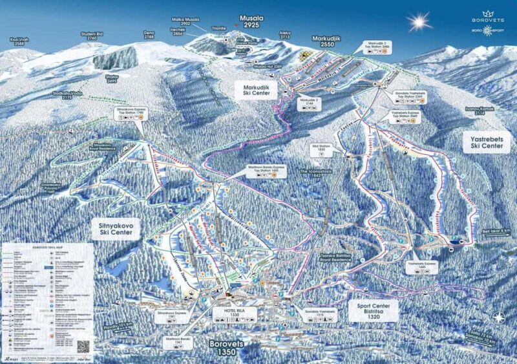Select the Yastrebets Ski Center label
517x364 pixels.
pos(481,142)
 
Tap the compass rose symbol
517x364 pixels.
pos(499,317)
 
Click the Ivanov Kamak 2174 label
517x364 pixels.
pos(479,111)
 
